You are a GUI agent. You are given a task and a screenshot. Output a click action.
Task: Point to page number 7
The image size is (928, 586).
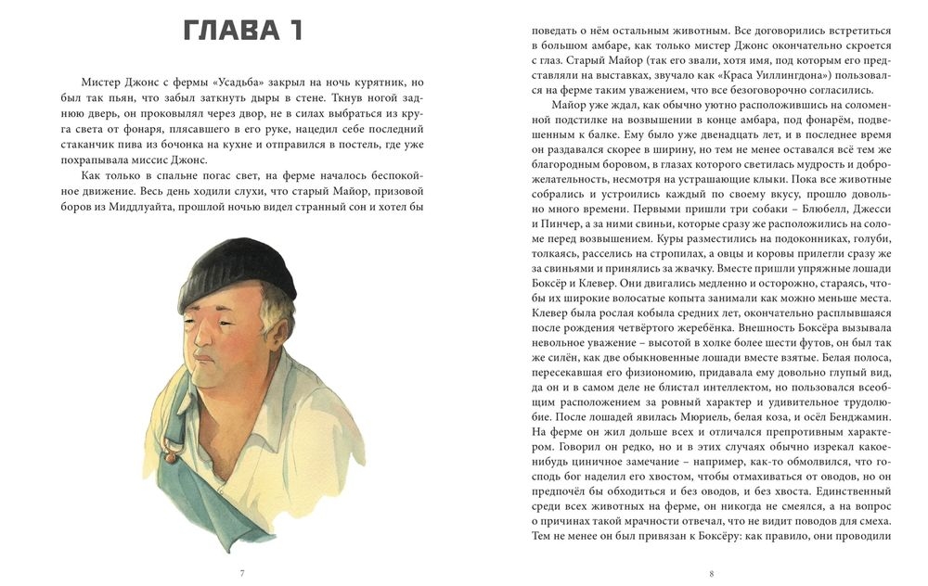point(242,573)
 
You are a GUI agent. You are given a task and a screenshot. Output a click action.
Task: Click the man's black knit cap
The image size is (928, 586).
point(238,269)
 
